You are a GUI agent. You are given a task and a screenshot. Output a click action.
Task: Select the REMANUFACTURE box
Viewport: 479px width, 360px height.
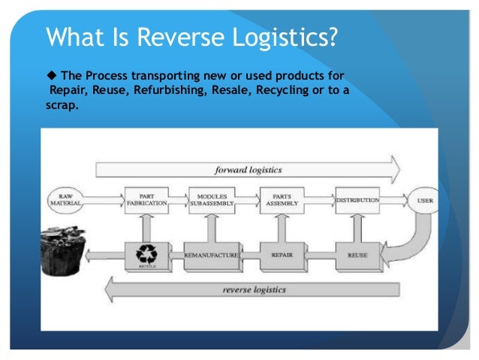[x=212, y=256]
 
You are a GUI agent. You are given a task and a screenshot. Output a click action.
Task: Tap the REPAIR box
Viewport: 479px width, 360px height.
[x=282, y=256]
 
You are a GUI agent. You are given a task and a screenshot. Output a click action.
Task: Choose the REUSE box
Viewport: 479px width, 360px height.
[x=357, y=256]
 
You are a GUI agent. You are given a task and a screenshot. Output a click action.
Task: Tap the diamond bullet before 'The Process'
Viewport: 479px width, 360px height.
[x=51, y=76]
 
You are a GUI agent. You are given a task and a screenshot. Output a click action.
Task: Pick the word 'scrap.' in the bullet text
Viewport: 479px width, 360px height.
[x=62, y=104]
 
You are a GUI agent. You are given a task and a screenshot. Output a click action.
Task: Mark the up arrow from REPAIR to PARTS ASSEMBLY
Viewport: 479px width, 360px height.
[x=282, y=228]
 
